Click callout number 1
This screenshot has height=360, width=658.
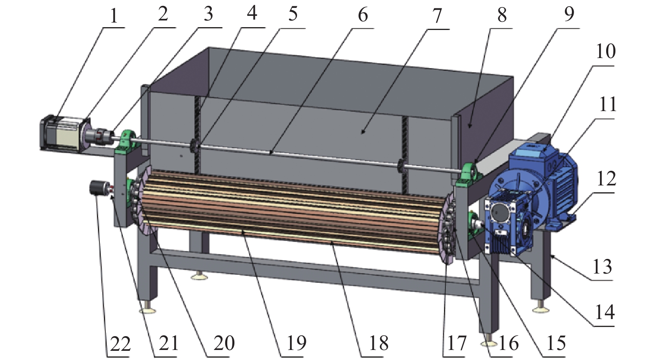click(114, 16)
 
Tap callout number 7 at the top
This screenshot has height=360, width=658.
click(437, 16)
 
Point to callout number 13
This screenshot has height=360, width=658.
click(602, 266)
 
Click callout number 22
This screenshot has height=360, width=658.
click(120, 344)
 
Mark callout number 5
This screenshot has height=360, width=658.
click(292, 14)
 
